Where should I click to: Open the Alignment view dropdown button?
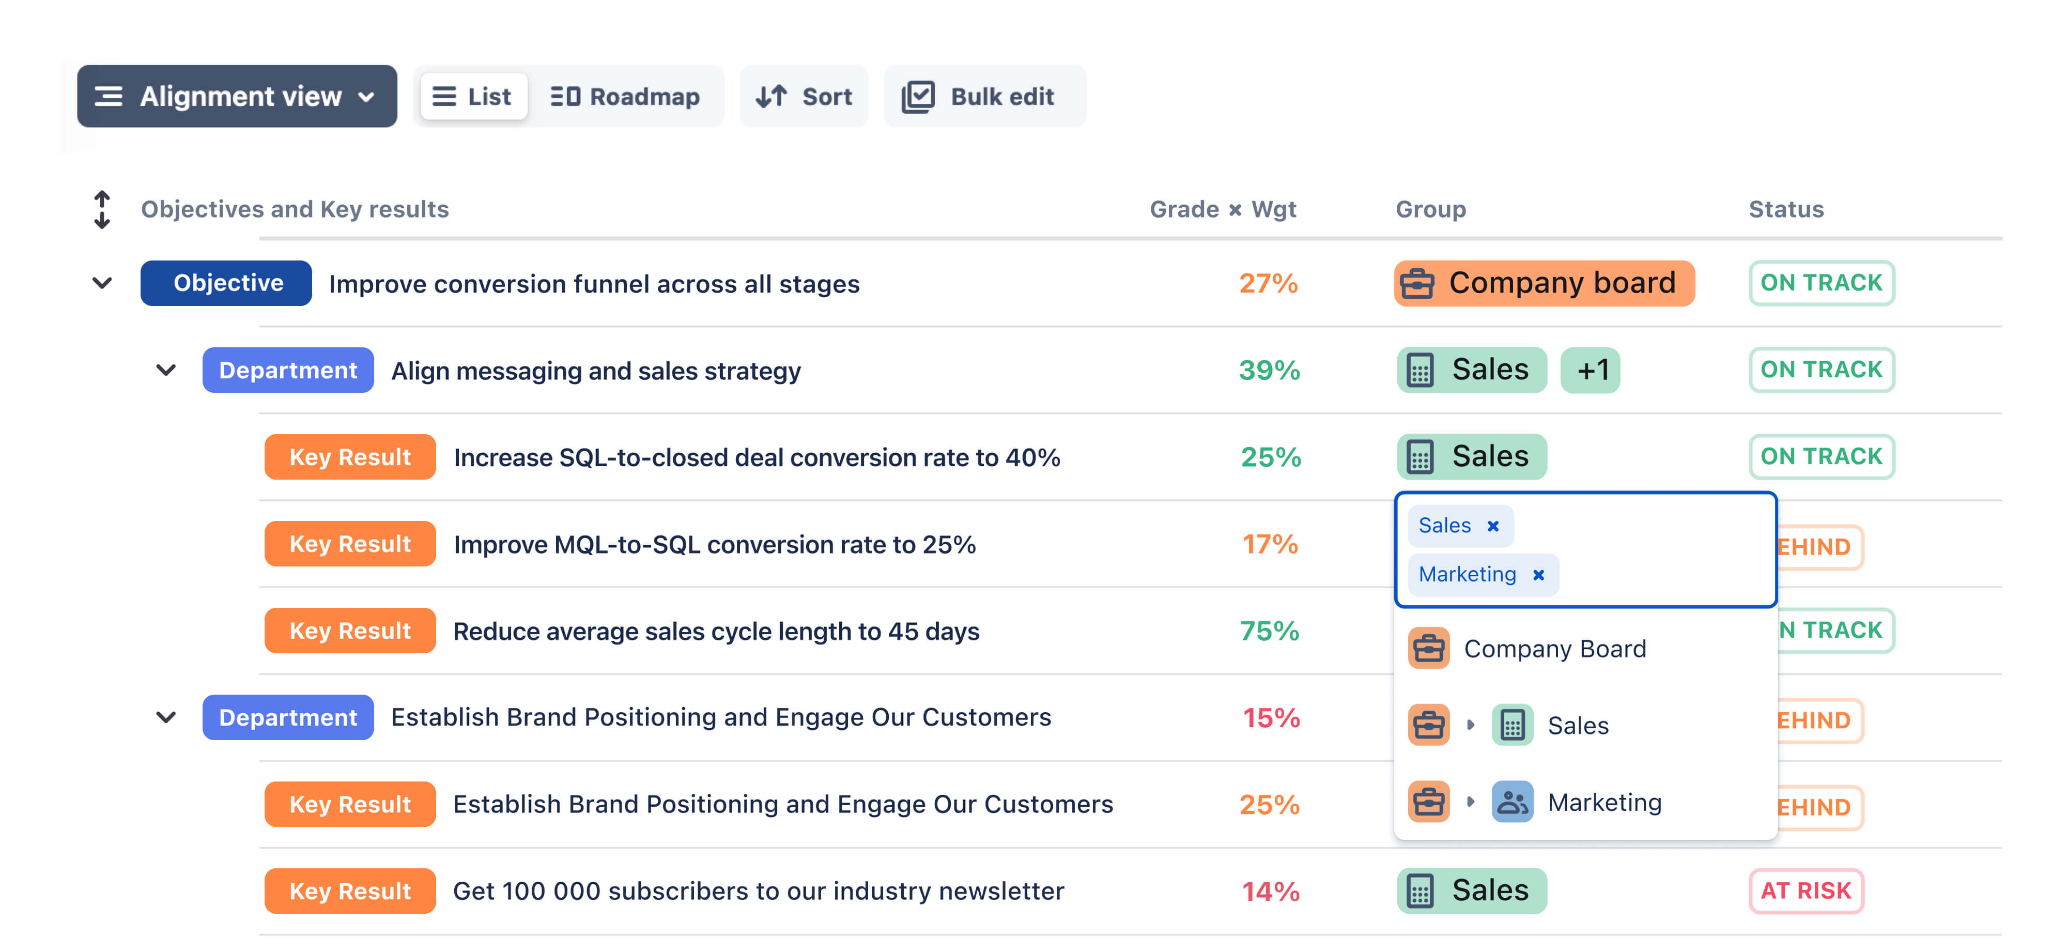[237, 96]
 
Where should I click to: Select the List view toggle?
[473, 96]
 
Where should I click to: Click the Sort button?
[804, 96]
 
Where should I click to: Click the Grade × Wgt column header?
[1223, 209]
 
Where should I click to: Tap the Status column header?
[1786, 209]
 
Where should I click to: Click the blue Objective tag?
[226, 283]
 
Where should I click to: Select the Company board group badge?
[1544, 283]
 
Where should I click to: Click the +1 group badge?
[1591, 370]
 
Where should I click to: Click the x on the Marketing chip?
[1538, 575]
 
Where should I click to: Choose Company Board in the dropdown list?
[1554, 649]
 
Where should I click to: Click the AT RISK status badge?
[1806, 891]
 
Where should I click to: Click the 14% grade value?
[1271, 892]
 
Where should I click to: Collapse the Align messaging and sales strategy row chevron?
[166, 370]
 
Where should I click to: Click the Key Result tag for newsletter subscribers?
[350, 891]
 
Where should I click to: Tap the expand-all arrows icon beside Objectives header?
[102, 209]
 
